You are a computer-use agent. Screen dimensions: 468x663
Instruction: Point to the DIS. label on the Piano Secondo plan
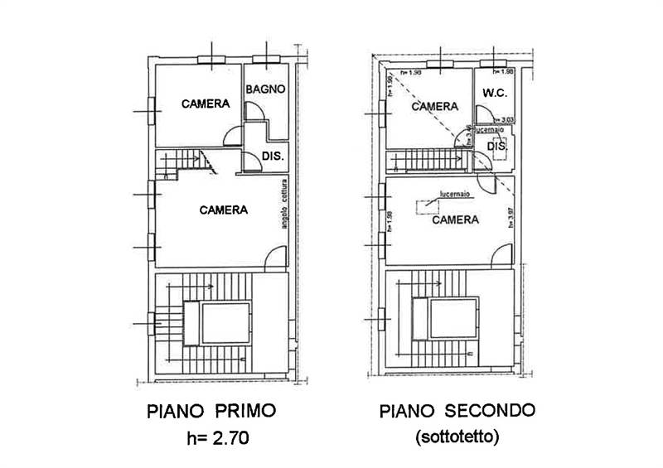pos(497,147)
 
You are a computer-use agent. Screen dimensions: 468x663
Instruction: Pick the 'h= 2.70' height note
pos(211,437)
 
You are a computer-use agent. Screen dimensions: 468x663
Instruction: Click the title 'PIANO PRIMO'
pos(211,410)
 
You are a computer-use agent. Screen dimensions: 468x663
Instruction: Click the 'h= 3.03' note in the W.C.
pos(503,119)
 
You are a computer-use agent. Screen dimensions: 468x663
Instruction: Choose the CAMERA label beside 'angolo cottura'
pos(223,210)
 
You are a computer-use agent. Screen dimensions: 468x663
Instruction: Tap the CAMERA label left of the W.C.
pos(435,106)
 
